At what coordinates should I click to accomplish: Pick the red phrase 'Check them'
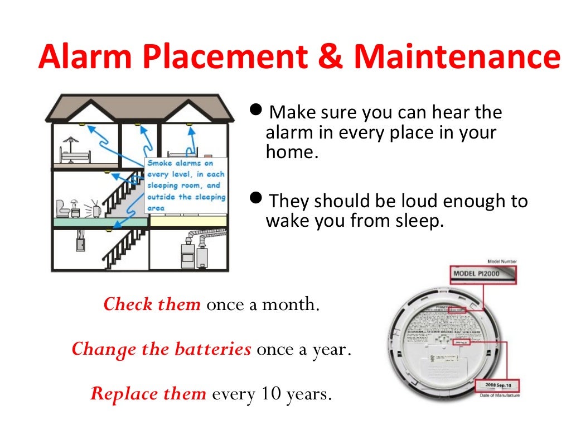point(152,304)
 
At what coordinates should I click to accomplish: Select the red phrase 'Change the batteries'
point(161,349)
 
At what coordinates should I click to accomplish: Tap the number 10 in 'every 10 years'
point(266,394)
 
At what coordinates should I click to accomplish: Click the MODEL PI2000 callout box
point(483,274)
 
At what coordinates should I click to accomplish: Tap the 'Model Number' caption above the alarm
point(502,261)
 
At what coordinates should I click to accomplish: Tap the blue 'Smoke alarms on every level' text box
point(186,185)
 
